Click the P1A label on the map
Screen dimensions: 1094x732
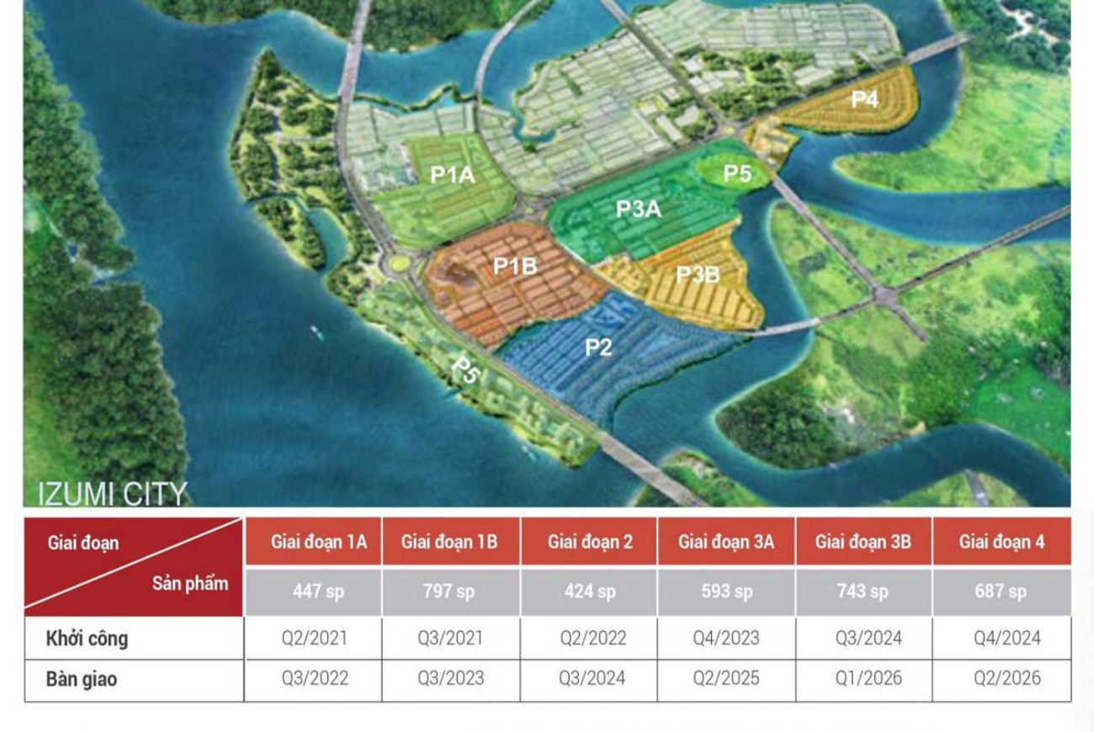click(x=453, y=175)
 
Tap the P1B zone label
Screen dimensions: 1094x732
click(x=515, y=267)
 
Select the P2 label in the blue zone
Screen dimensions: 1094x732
click(x=598, y=347)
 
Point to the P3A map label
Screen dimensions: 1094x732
click(x=639, y=210)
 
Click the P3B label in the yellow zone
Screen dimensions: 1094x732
click(x=698, y=274)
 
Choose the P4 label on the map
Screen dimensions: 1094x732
click(x=864, y=99)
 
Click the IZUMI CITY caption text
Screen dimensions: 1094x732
click(x=112, y=494)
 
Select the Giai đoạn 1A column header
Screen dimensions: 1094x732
click(x=319, y=542)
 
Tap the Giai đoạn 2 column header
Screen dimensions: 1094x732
click(x=590, y=542)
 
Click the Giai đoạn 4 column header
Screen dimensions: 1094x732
click(x=1001, y=542)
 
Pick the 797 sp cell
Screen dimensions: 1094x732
click(x=449, y=591)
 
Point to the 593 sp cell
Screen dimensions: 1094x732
click(x=727, y=591)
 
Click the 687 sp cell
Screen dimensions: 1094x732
click(x=1001, y=591)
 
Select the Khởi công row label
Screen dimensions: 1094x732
click(x=88, y=639)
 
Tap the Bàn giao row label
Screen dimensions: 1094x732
click(x=82, y=679)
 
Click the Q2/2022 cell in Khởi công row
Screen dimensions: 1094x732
click(x=593, y=639)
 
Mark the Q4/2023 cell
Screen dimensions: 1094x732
click(x=726, y=639)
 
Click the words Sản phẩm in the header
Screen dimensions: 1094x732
click(x=190, y=583)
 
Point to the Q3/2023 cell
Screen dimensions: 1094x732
click(x=450, y=678)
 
